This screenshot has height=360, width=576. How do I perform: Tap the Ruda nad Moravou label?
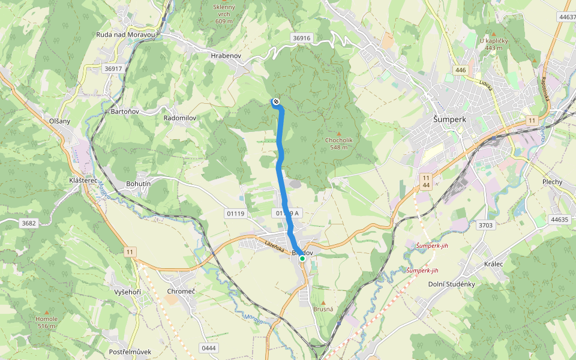coord(126,35)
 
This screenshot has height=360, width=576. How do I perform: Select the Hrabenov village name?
coord(226,55)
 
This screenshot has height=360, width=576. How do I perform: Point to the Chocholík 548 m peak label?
coord(339,143)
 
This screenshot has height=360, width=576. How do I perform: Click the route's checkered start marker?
coord(275,102)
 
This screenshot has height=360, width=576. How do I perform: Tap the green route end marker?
coord(302,258)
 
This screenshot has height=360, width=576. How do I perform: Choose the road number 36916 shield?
coord(302,38)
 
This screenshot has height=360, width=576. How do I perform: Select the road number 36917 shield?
coord(113,68)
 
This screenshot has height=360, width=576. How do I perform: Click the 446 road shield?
coord(460,70)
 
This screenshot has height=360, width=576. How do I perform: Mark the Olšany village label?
coord(59,121)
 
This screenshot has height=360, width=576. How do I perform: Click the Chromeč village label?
coord(181,291)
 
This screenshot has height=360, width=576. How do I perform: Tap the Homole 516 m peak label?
coord(46,322)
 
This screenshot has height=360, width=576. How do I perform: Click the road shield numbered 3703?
coord(485,226)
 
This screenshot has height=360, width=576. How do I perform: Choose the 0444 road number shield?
coord(208,348)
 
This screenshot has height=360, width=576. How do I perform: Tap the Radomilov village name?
coord(180,118)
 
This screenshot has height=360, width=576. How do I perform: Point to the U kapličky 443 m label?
coord(494,44)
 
